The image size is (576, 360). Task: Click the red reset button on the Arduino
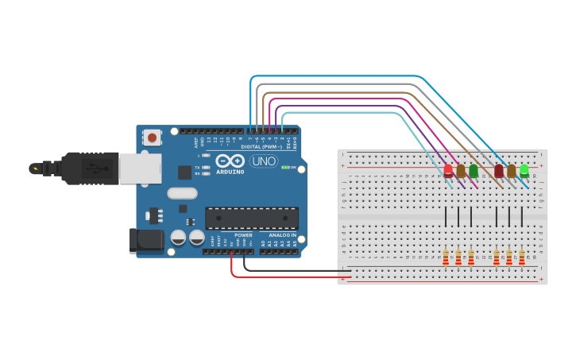pyautogui.click(x=153, y=137)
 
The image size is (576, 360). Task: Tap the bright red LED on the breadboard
pyautogui.click(x=448, y=170)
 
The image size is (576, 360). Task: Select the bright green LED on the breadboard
pyautogui.click(x=524, y=169)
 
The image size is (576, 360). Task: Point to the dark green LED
pyautogui.click(x=474, y=170)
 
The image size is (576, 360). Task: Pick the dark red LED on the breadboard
pyautogui.click(x=499, y=170)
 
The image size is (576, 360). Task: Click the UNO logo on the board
pyautogui.click(x=263, y=161)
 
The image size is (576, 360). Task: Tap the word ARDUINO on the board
pyautogui.click(x=230, y=171)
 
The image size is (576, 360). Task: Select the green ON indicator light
pyautogui.click(x=286, y=168)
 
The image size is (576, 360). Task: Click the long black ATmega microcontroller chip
pyautogui.click(x=252, y=218)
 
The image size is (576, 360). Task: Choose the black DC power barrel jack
pyautogui.click(x=146, y=241)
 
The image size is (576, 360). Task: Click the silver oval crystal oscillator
pyautogui.click(x=182, y=193)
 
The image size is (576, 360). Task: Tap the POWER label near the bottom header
pyautogui.click(x=244, y=235)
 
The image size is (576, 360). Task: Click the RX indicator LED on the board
pyautogui.click(x=206, y=172)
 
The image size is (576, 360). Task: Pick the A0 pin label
pyautogui.click(x=263, y=243)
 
